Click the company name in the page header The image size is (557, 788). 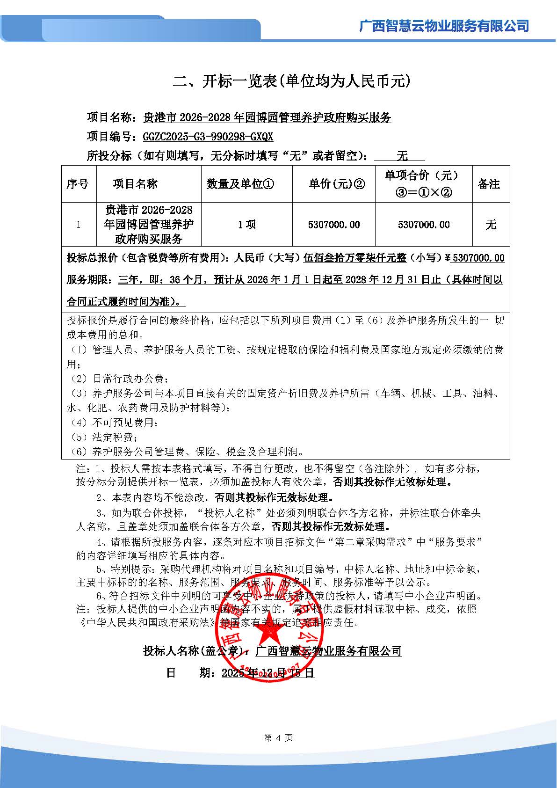click(444, 26)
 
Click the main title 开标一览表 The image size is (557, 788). click(292, 81)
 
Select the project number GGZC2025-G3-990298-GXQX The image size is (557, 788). click(208, 137)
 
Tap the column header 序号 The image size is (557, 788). click(78, 184)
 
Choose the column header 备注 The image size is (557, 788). click(489, 184)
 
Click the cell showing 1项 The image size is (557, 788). click(246, 225)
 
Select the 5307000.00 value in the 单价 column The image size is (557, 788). click(334, 225)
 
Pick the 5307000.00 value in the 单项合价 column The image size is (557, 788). click(424, 225)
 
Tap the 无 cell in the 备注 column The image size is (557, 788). click(491, 225)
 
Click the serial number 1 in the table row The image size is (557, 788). click(78, 225)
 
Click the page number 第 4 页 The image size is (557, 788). click(278, 738)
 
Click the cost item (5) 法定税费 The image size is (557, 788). click(104, 437)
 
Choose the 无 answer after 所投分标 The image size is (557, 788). click(402, 156)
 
